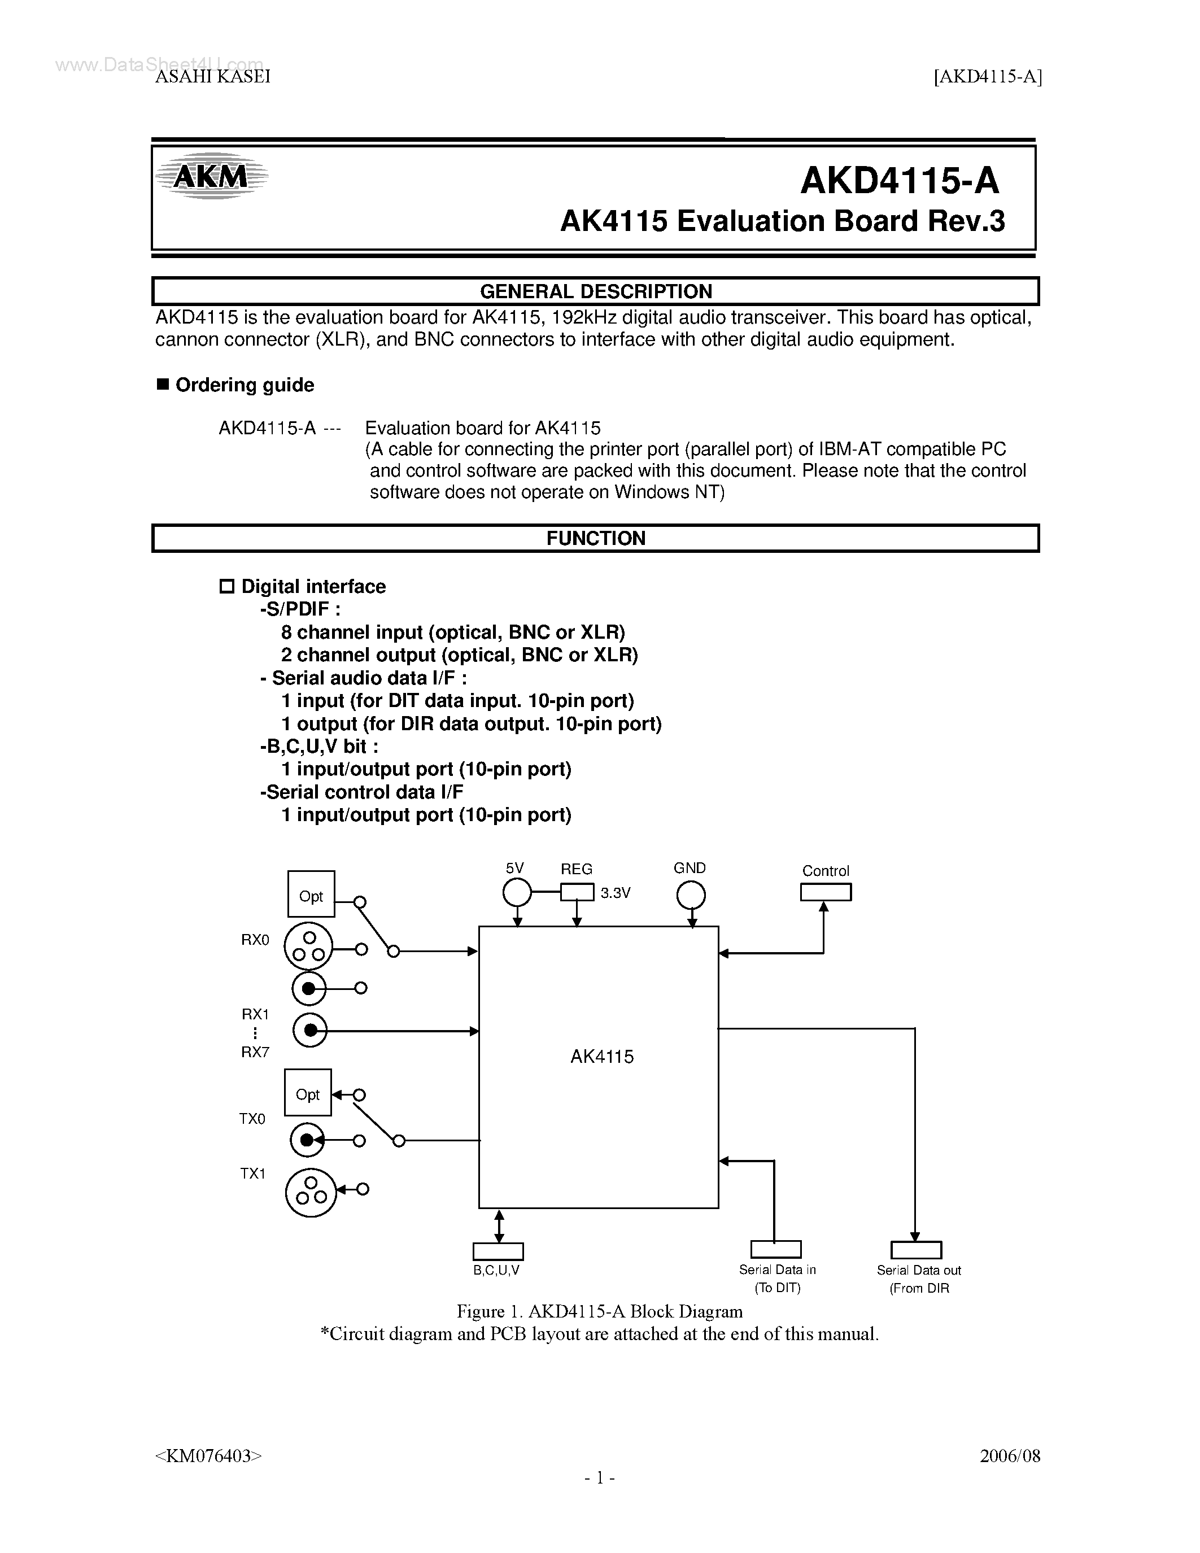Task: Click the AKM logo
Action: [211, 176]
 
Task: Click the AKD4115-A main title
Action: [899, 181]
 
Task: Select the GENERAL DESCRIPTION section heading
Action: [596, 291]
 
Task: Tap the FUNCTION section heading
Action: [596, 538]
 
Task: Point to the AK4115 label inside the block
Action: [601, 1057]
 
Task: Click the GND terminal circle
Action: [690, 895]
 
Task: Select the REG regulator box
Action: [577, 892]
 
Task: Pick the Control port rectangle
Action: [826, 892]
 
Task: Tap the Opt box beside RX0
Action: [311, 894]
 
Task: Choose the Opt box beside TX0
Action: [308, 1092]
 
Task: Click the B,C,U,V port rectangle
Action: [498, 1251]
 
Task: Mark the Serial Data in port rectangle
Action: [775, 1249]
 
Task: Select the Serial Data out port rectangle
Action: [915, 1250]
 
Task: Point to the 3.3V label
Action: [616, 893]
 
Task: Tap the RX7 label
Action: [255, 1053]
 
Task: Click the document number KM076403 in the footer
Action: [208, 1455]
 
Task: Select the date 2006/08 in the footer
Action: [1010, 1455]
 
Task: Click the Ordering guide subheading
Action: [245, 385]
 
